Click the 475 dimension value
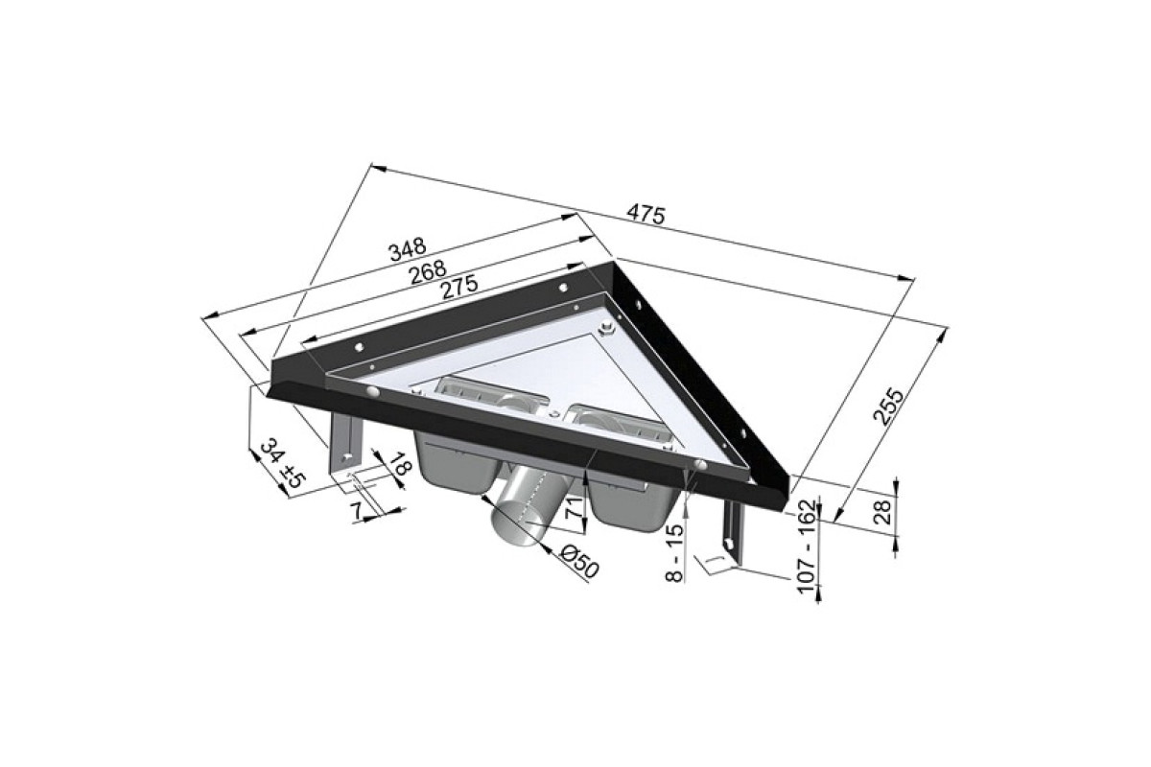pyautogui.click(x=646, y=215)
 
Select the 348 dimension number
pyautogui.click(x=408, y=248)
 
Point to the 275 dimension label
pyautogui.click(x=458, y=288)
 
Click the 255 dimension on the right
pyautogui.click(x=888, y=407)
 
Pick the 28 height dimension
pyautogui.click(x=882, y=512)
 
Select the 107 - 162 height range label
pyautogui.click(x=808, y=546)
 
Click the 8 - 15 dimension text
pyautogui.click(x=674, y=553)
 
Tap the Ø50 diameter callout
pyautogui.click(x=579, y=562)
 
